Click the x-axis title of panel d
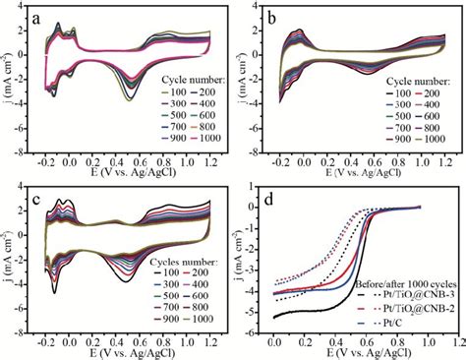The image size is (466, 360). point(360,355)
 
